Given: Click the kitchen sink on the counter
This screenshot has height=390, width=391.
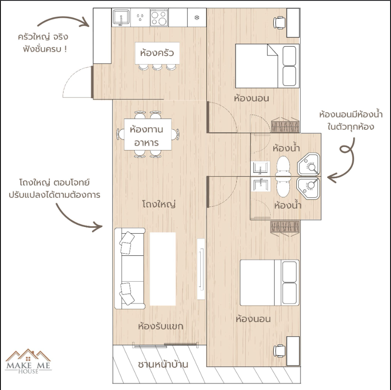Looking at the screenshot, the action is tap(121, 18).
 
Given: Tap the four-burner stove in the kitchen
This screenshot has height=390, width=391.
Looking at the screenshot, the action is tap(159, 17).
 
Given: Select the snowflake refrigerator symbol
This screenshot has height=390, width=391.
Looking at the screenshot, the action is tap(197, 17).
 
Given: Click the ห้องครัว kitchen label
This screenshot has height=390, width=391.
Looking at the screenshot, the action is tap(157, 53).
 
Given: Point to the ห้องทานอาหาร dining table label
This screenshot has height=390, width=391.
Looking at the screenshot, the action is tap(147, 136).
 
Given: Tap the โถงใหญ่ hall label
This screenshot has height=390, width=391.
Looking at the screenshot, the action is tap(159, 204).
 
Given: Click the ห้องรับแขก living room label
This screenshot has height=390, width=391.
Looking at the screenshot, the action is tap(160, 326).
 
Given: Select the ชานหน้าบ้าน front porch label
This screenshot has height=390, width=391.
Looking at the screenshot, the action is tap(163, 365).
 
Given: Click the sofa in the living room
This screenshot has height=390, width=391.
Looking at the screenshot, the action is tap(130, 269).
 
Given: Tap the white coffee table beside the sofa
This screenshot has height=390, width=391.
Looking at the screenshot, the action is tap(163, 269).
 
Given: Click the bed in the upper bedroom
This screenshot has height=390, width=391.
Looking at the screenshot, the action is tap(267, 66).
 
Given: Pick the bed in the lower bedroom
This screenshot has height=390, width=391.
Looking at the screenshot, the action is tap(270, 283).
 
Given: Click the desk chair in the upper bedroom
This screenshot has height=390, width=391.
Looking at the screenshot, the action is tap(279, 23).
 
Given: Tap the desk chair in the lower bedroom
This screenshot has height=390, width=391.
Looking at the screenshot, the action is tap(279, 351).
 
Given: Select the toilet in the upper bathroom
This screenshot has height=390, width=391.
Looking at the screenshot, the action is tap(283, 166).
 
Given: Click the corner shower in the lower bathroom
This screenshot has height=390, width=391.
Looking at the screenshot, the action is tap(308, 188).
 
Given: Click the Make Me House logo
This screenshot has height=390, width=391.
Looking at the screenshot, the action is tap(28, 361).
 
